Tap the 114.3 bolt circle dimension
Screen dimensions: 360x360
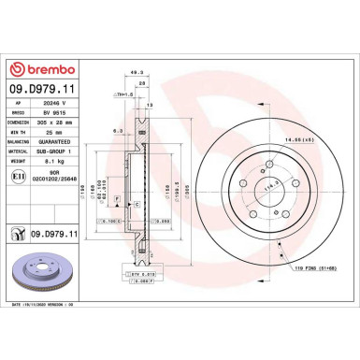tap(250, 187)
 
